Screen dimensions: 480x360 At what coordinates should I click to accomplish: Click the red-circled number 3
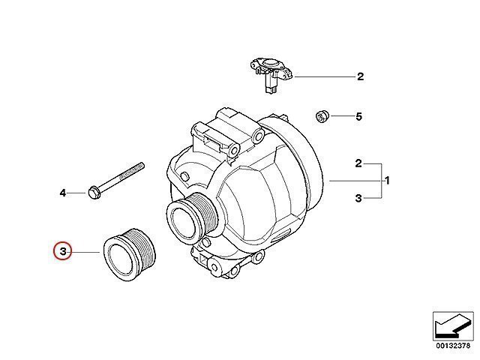click(62, 252)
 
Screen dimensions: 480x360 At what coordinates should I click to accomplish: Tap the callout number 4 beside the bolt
click(63, 193)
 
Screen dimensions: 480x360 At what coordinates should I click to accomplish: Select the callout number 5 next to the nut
click(358, 117)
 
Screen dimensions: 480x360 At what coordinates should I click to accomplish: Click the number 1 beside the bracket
click(387, 181)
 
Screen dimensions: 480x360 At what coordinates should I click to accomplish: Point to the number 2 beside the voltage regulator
click(361, 76)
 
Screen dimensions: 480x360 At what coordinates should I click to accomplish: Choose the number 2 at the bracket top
click(358, 163)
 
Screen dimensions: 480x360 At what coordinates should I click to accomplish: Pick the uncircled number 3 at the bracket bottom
click(358, 198)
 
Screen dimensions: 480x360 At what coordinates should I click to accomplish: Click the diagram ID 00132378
click(453, 346)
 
